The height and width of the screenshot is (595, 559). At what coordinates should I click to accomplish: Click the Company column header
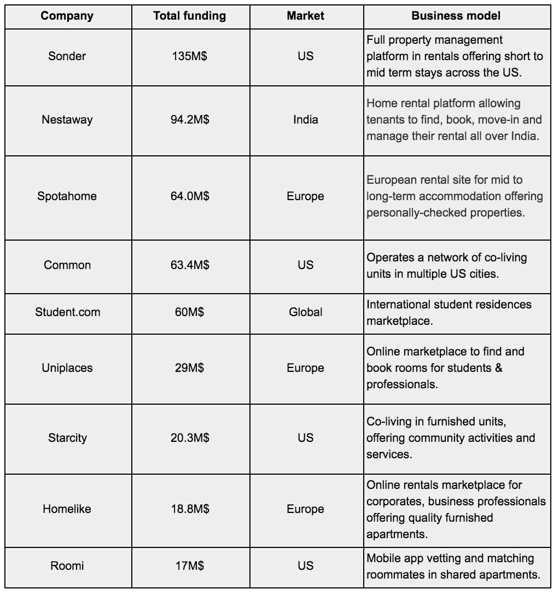67,16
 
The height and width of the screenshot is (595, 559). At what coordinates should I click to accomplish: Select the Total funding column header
189,16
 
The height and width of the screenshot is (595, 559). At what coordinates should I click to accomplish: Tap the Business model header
456,16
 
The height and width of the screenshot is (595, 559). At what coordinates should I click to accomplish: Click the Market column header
305,16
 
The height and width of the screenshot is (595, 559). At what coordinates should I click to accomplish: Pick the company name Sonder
67,56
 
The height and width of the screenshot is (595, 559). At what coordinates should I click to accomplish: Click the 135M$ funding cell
189,56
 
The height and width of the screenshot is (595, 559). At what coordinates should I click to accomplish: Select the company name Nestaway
67,119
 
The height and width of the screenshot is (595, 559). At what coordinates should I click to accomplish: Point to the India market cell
305,119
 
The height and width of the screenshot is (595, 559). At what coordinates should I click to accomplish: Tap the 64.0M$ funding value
189,196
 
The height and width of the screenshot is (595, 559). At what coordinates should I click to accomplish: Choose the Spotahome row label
67,196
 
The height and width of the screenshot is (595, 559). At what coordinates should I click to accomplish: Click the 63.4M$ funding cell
189,265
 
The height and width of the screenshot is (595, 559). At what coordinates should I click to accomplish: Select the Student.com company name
67,312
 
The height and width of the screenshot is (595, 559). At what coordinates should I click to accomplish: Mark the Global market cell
305,312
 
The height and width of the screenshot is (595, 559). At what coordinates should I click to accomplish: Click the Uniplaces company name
67,368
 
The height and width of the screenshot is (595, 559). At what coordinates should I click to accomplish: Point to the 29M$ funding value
189,368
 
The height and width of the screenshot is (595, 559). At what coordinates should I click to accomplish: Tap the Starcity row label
67,438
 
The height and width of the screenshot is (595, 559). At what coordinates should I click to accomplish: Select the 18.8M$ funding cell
189,509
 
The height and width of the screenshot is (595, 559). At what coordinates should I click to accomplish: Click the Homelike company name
67,509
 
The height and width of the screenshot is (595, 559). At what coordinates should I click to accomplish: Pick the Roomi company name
67,566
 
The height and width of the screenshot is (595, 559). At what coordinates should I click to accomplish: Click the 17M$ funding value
189,566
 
